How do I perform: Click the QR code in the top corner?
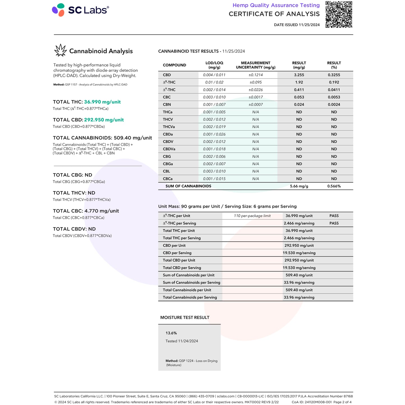coord(339,15)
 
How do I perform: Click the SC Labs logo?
coord(80,10)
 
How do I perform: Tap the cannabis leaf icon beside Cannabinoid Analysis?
coord(61,50)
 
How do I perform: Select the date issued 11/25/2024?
coord(297,25)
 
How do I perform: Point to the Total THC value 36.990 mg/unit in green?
coord(102,102)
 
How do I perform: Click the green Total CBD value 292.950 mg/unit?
coord(104,120)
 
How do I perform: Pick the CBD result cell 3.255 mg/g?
coord(299,75)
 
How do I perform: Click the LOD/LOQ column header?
coord(214,65)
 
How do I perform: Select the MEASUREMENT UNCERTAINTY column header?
coord(256,65)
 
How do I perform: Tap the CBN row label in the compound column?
coord(167,105)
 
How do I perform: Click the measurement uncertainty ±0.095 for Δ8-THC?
coord(256,82)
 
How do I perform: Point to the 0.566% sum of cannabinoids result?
coord(334,186)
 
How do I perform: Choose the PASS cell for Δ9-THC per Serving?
coord(334,223)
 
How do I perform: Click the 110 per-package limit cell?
coord(252,216)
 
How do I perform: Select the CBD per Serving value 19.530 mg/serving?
coord(299,253)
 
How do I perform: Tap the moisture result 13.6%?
coord(171,333)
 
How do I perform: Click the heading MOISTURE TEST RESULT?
coord(185,318)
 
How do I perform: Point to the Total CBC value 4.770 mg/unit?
coord(101,211)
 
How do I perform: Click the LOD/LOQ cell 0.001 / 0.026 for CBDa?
coord(214,134)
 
